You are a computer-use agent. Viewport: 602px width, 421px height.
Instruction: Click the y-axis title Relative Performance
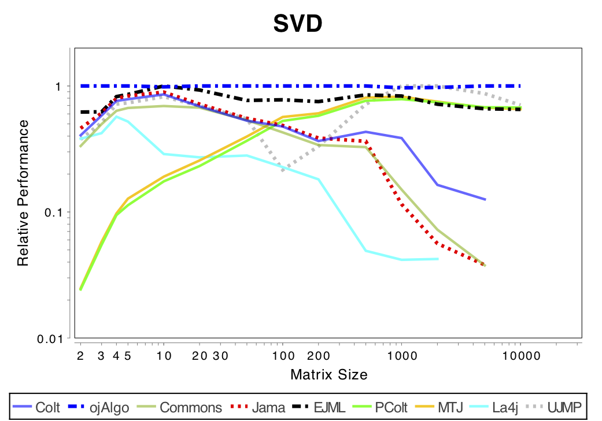coord(23,193)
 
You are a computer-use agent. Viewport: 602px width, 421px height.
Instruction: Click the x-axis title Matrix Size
coord(328,374)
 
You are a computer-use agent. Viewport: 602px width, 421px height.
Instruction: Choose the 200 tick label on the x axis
coord(317,355)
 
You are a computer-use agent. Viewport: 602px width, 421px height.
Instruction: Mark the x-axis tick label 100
coord(282,355)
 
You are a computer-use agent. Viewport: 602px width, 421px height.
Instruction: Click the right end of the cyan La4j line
coord(438,259)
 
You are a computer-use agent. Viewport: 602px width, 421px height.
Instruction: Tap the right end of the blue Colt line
coord(485,199)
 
